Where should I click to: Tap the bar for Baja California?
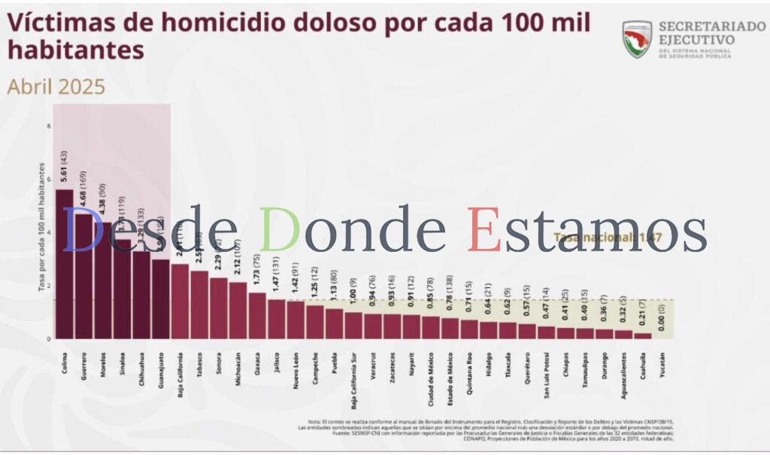pyautogui.click(x=180, y=301)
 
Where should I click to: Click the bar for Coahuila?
pyautogui.click(x=643, y=335)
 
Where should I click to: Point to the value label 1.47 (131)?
pyautogui.click(x=277, y=278)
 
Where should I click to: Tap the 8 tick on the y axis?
pyautogui.click(x=49, y=126)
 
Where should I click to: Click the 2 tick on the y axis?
pyautogui.click(x=49, y=286)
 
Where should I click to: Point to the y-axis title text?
pyautogui.click(x=41, y=226)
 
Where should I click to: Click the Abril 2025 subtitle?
pyautogui.click(x=56, y=86)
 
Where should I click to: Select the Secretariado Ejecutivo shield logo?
pyautogui.click(x=637, y=39)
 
